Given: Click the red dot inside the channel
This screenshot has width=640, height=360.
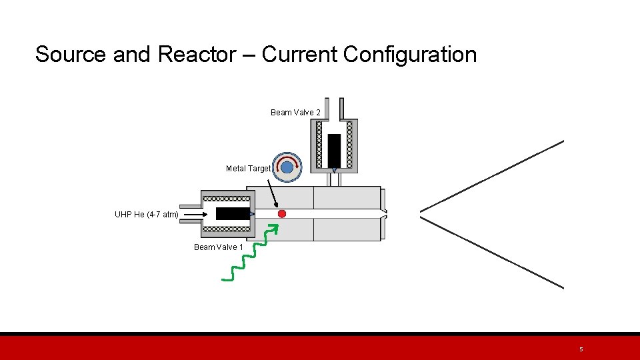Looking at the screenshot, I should pyautogui.click(x=282, y=213).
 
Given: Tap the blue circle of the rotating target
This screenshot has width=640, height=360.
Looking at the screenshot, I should pyautogui.click(x=287, y=167).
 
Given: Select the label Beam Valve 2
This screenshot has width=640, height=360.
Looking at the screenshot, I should pyautogui.click(x=295, y=113).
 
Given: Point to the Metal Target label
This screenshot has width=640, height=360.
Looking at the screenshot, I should pyautogui.click(x=248, y=169).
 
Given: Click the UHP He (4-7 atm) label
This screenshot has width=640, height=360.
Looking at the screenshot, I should pyautogui.click(x=146, y=215).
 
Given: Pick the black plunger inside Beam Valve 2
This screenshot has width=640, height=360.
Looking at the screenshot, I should pyautogui.click(x=334, y=150).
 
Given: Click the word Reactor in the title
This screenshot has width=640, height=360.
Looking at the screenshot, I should pyautogui.click(x=197, y=55).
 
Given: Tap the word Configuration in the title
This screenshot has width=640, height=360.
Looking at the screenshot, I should pyautogui.click(x=410, y=55).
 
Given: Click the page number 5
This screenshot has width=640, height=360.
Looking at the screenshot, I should pyautogui.click(x=581, y=349).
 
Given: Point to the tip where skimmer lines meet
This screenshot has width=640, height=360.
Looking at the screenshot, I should pyautogui.click(x=421, y=214).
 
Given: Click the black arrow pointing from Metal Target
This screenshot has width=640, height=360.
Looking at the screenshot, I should pyautogui.click(x=273, y=191).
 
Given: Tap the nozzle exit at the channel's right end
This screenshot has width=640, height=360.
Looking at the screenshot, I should pyautogui.click(x=385, y=213).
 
